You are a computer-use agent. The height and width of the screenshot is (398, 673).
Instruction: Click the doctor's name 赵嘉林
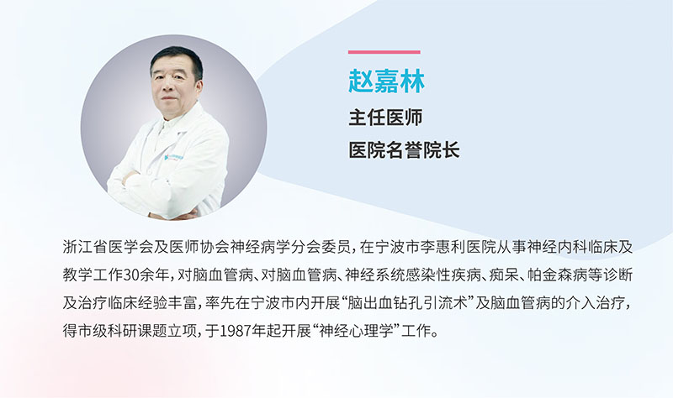pyautogui.click(x=386, y=82)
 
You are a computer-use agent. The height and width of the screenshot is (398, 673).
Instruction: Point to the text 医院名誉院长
pyautogui.click(x=404, y=149)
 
